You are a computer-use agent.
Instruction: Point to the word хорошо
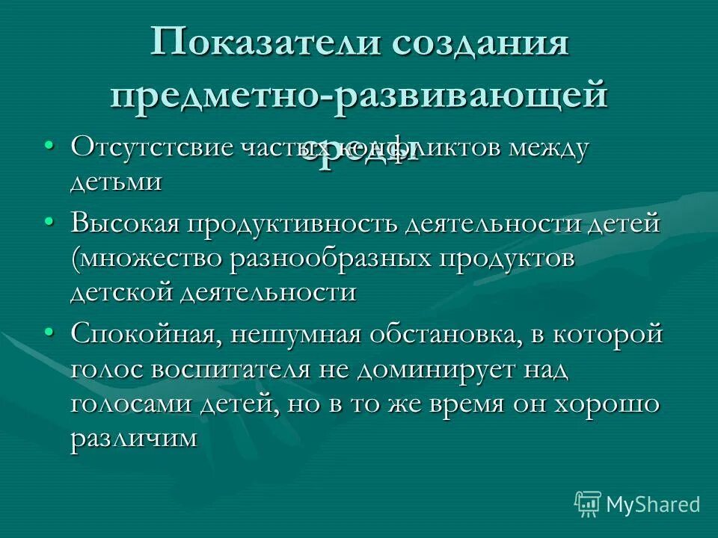click(607, 403)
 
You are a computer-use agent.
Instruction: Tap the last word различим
click(134, 439)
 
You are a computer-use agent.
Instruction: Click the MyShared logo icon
click(588, 504)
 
